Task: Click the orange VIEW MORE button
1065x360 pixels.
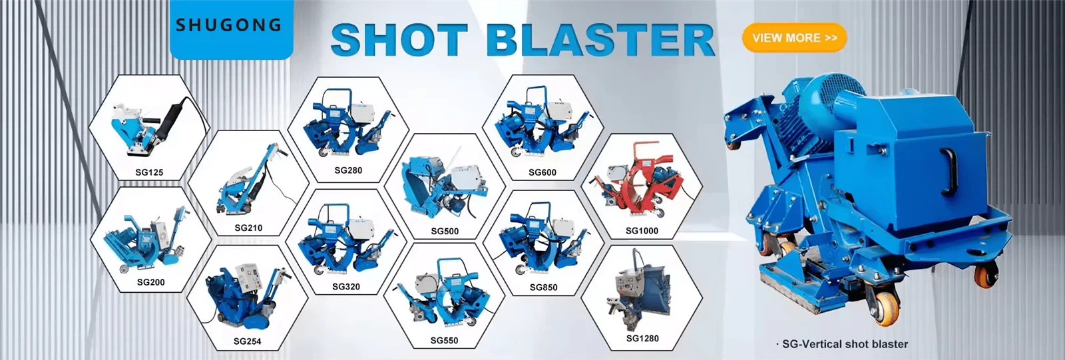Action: pos(794,37)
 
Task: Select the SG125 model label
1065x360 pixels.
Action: pos(149,172)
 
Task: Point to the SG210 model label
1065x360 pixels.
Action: pos(248,228)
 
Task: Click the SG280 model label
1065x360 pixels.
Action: pos(348,170)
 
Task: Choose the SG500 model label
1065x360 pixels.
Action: pos(445,231)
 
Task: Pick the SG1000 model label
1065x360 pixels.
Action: pos(642,231)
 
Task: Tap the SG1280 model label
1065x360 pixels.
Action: pos(642,338)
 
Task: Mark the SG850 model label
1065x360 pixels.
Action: pos(543,287)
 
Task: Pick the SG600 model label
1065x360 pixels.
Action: pos(542,172)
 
